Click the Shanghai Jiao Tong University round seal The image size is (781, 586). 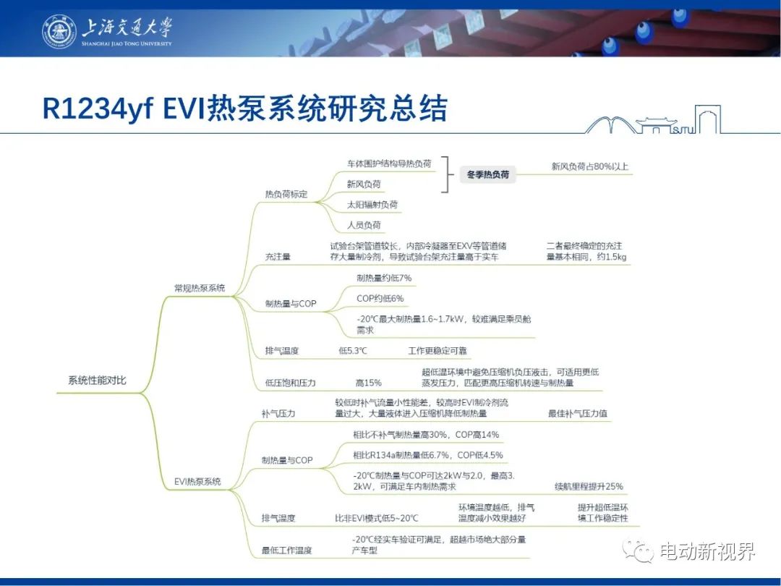click(x=59, y=31)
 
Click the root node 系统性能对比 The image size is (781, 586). click(x=97, y=381)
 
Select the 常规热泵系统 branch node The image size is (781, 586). click(x=200, y=287)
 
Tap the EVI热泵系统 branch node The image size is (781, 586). click(x=197, y=481)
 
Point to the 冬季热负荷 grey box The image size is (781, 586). click(x=487, y=174)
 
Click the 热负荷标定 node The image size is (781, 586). click(x=286, y=194)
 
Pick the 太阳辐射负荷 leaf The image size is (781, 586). click(x=372, y=204)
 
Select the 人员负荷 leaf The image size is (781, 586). click(x=364, y=225)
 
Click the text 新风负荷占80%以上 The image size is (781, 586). click(x=590, y=166)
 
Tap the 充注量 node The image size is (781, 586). click(x=278, y=257)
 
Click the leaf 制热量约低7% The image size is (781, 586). click(x=384, y=278)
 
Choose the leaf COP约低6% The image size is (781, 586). click(x=380, y=298)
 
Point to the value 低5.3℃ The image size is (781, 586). click(x=353, y=350)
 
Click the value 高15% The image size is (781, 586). click(x=368, y=383)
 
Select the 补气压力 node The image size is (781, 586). click(x=278, y=413)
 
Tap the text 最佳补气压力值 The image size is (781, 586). click(x=577, y=413)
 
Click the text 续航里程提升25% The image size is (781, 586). click(x=589, y=486)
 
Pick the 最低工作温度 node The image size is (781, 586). click(x=286, y=550)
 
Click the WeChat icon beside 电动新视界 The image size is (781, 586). click(x=638, y=551)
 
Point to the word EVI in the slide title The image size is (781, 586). click(x=184, y=108)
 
